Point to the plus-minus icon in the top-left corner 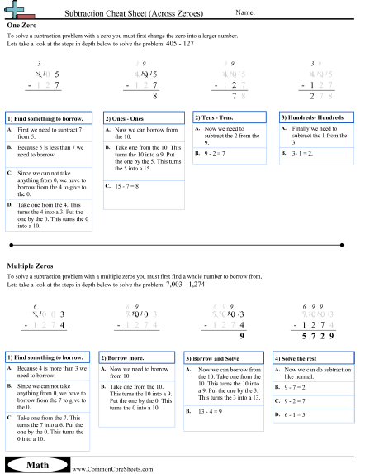[16, 11]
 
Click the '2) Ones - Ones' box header [129, 117]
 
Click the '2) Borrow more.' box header [128, 357]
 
